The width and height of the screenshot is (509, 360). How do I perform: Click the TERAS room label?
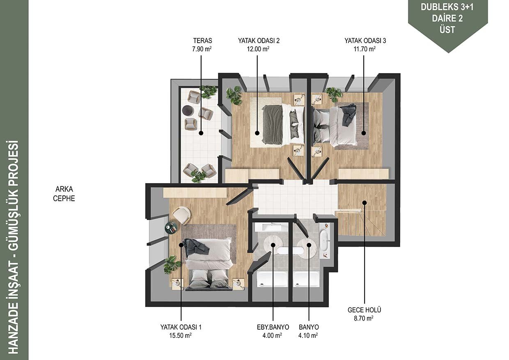[202, 41]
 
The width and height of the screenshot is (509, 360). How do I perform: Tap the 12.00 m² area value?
[258, 49]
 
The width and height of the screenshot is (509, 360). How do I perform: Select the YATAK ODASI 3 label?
[365, 41]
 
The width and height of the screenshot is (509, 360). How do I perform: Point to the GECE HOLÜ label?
[364, 310]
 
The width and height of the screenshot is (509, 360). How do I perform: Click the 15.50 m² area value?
[180, 335]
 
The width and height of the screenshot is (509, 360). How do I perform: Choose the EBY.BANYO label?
[273, 327]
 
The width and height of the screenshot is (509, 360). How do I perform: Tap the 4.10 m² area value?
[308, 335]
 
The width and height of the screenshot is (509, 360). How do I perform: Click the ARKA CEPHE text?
[64, 194]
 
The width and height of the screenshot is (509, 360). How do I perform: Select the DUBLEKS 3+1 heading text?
[447, 7]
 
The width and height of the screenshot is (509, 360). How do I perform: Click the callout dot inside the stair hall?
[365, 202]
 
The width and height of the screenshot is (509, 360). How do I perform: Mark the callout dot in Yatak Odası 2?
[257, 133]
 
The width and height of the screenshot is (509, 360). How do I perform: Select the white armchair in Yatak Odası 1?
[181, 215]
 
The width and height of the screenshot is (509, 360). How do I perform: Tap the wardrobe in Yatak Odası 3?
[363, 174]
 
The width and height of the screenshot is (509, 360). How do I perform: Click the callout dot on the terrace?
[201, 133]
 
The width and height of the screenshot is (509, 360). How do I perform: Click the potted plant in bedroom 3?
[334, 94]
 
